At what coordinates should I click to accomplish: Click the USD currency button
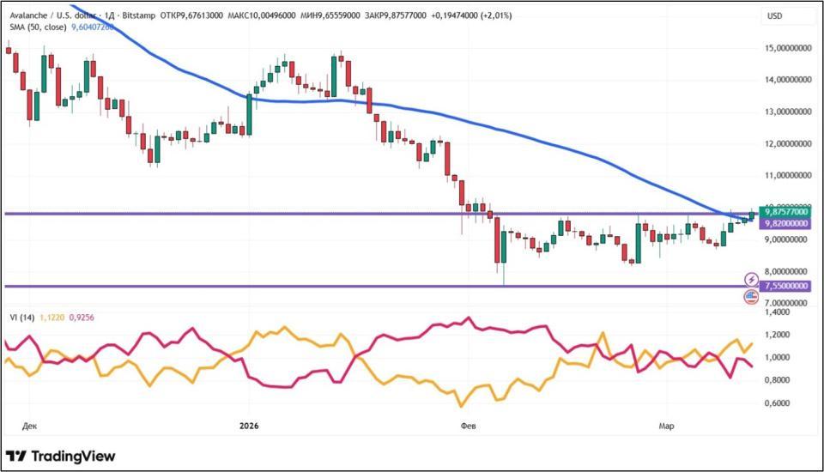(775, 15)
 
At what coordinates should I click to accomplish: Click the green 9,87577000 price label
(785, 211)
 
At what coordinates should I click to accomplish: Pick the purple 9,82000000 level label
(785, 223)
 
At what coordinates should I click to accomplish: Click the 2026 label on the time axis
(250, 425)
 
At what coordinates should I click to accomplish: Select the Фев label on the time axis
(468, 425)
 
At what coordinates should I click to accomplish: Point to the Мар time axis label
(666, 425)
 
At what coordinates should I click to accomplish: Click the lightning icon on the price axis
(751, 279)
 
